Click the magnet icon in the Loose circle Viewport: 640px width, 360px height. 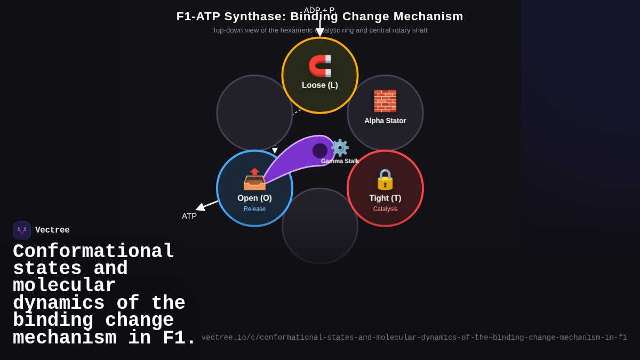tap(320, 66)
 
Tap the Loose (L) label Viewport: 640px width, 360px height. tap(320, 85)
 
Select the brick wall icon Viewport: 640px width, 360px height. tap(385, 101)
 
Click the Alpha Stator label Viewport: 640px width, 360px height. tap(385, 121)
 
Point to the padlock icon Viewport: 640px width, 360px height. tap(385, 179)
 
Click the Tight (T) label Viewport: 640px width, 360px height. tap(385, 198)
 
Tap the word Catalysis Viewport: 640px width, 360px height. tap(385, 209)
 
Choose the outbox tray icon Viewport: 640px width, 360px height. tap(254, 179)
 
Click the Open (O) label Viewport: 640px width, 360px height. tap(254, 198)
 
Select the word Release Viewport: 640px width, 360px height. tap(254, 209)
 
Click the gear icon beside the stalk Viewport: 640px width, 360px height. tap(340, 148)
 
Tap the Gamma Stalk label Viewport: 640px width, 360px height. tap(340, 161)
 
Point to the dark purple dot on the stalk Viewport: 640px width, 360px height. tap(320, 150)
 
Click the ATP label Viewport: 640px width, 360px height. tap(189, 216)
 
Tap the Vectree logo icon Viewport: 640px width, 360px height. tap(22, 230)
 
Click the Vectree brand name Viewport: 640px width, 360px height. tap(52, 230)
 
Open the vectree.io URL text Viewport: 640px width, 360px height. tap(414, 338)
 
